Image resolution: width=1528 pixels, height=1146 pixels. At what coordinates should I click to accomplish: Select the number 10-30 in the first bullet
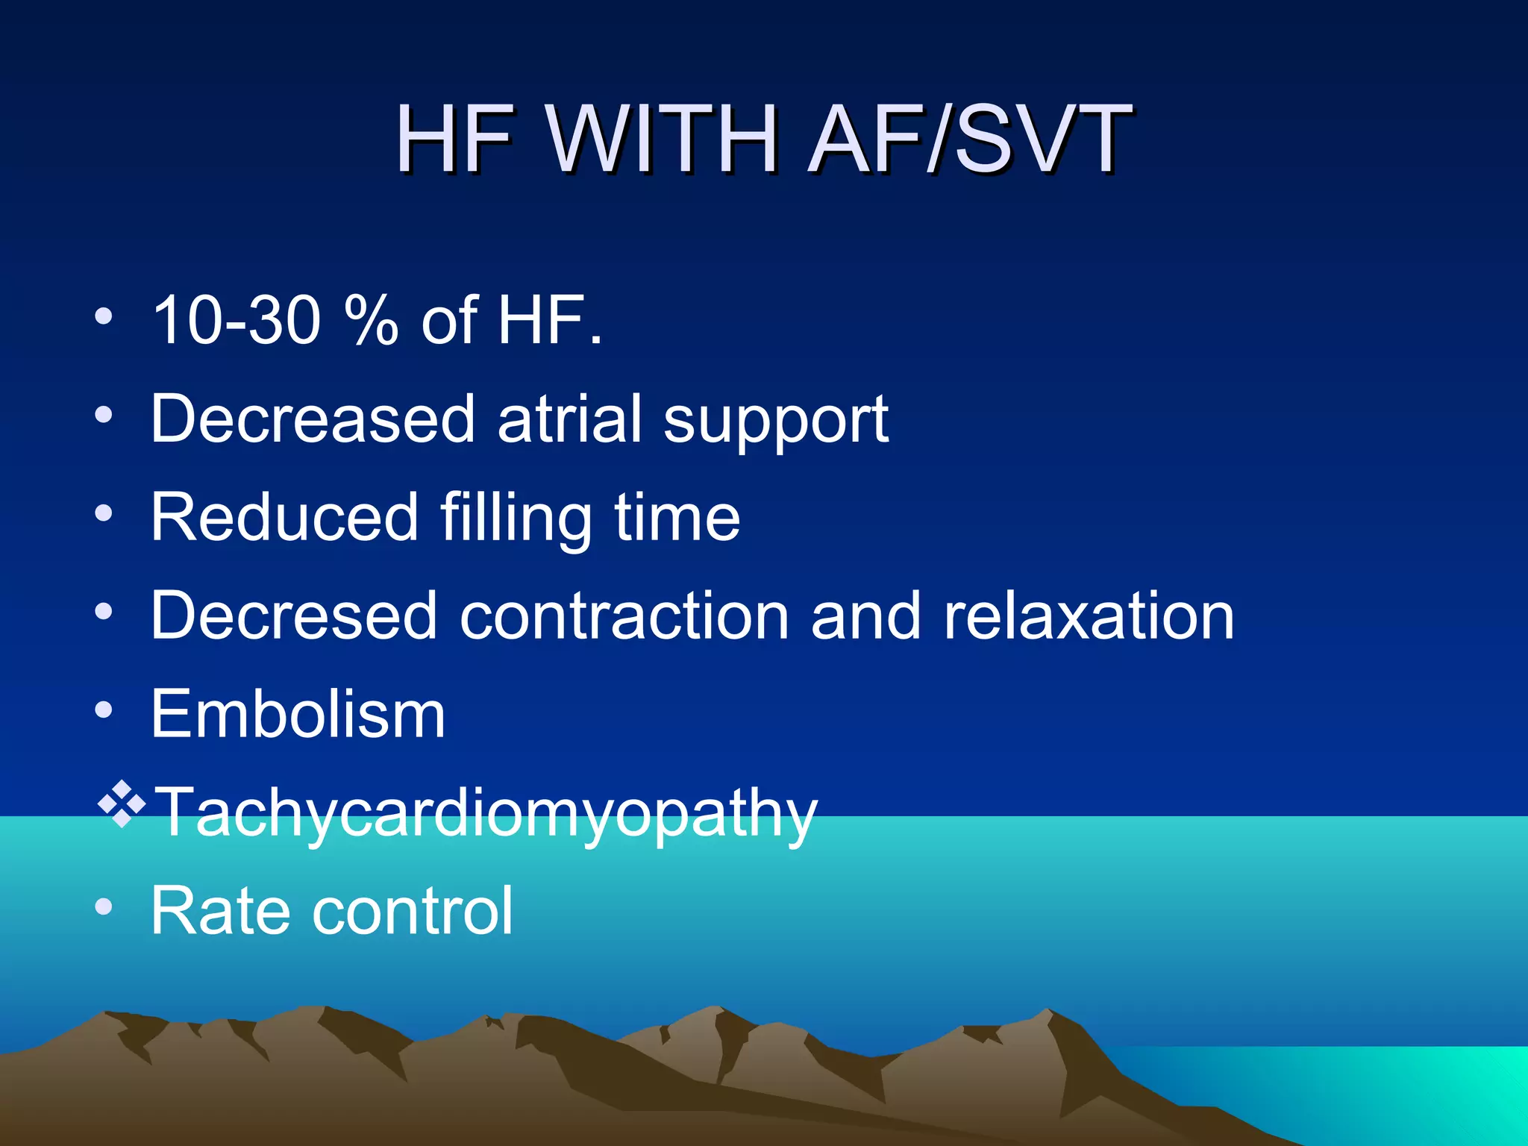[x=236, y=320]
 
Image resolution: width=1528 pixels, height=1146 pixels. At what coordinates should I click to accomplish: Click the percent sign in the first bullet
[x=371, y=320]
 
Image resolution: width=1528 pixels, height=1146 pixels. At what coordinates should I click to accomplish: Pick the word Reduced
[x=284, y=517]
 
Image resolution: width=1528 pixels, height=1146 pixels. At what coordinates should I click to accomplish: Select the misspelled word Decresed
[x=293, y=616]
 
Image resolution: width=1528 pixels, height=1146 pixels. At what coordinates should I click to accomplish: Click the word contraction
[x=624, y=617]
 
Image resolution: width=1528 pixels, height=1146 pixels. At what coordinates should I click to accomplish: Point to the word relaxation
[x=1089, y=617]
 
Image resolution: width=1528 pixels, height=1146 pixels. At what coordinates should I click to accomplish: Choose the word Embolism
[x=298, y=714]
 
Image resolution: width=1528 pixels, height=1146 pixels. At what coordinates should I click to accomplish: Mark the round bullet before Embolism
[x=104, y=710]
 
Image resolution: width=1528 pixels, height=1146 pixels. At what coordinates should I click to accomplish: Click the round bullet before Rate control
[x=104, y=907]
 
